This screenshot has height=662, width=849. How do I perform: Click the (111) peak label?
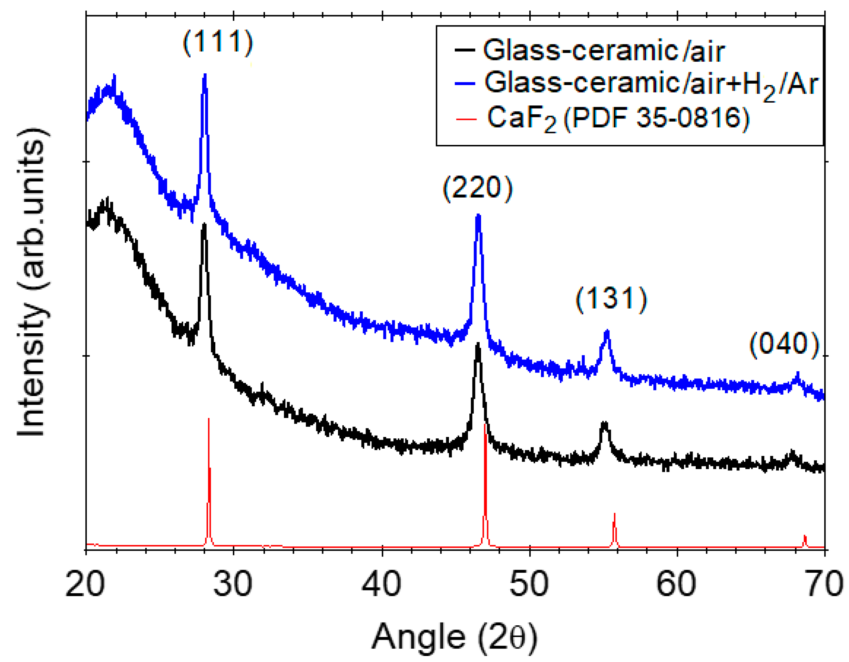(218, 42)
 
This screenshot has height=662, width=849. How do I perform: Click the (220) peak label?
(478, 189)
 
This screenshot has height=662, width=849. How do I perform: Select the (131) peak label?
(611, 299)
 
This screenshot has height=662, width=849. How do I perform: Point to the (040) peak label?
(784, 344)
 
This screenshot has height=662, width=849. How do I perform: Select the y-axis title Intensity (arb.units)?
(33, 282)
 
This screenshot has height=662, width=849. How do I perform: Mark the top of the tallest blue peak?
(205, 75)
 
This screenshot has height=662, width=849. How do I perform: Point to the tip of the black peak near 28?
(204, 225)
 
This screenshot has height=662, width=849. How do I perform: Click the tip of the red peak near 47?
(484, 425)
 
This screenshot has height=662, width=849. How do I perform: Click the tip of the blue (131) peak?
(607, 330)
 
